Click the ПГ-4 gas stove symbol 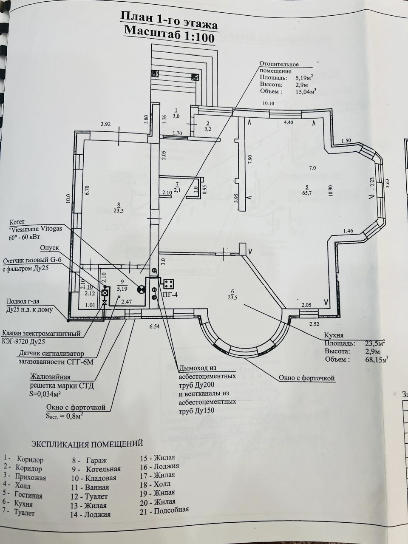pyautogui.click(x=168, y=283)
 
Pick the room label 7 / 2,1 pyautogui.click(x=177, y=187)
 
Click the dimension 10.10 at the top pyautogui.click(x=269, y=103)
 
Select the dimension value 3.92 pyautogui.click(x=106, y=125)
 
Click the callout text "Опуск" pyautogui.click(x=49, y=247)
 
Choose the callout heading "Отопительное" pyautogui.click(x=279, y=64)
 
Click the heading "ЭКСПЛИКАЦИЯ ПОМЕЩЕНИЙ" pyautogui.click(x=87, y=444)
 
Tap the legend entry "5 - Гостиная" pyautogui.click(x=22, y=495)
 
